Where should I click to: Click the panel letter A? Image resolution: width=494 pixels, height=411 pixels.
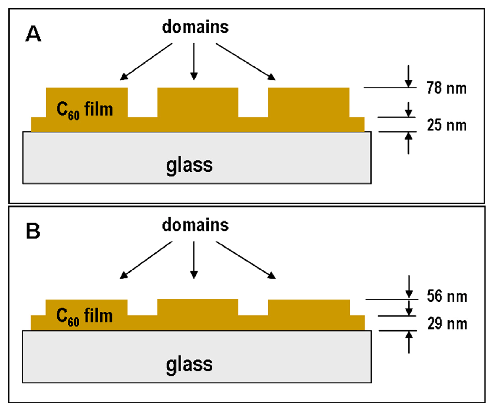click(33, 34)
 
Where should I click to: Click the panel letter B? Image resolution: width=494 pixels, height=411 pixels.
click(33, 231)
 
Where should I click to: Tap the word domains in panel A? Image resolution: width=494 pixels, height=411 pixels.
click(195, 27)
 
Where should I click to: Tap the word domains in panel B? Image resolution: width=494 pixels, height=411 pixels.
click(195, 225)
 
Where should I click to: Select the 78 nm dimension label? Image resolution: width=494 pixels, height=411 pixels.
click(446, 88)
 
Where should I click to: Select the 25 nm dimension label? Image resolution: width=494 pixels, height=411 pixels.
click(446, 125)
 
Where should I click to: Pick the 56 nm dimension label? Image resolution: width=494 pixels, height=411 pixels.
click(447, 296)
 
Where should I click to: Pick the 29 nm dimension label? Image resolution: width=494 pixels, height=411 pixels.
click(447, 324)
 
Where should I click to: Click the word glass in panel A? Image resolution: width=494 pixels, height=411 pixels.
click(189, 166)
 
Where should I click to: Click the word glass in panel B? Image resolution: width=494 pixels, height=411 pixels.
click(189, 364)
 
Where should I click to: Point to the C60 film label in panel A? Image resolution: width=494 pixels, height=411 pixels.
click(85, 109)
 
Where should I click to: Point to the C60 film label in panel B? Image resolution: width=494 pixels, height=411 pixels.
click(84, 316)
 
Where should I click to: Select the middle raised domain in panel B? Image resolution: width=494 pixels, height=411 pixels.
click(198, 307)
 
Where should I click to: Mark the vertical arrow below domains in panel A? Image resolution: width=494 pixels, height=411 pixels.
click(194, 61)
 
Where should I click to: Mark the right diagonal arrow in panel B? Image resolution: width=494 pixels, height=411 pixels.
click(245, 260)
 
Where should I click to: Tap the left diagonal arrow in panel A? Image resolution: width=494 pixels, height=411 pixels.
click(146, 61)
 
